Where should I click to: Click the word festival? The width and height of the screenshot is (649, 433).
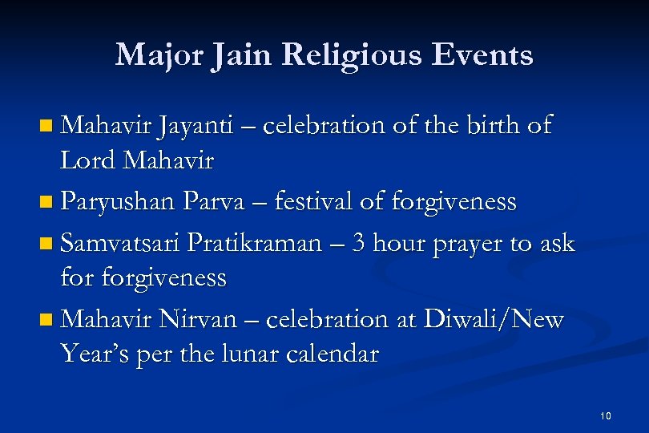pos(312,201)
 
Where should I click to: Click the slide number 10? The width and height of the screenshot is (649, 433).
pos(605,415)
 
